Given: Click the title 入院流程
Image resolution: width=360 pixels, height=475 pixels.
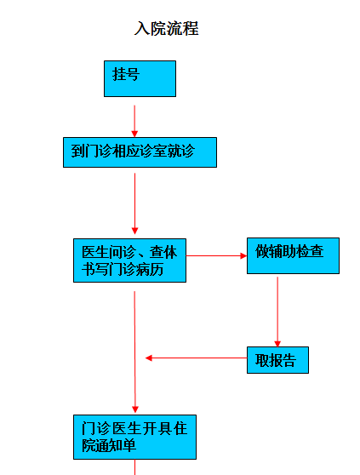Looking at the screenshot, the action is pos(166,28).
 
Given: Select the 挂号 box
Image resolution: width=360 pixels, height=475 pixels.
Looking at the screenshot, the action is pos(140,79).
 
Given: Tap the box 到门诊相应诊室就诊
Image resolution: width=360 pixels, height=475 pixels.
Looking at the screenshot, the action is pos(140,152).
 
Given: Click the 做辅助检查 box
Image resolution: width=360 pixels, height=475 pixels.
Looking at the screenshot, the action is pos(293,255).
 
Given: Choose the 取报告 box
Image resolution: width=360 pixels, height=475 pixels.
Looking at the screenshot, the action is pos(277,360).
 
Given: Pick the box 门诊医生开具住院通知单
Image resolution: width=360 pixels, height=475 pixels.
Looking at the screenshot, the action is pos(134,437).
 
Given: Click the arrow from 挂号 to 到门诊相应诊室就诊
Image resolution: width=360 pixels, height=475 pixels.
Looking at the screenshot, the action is pos(134,121).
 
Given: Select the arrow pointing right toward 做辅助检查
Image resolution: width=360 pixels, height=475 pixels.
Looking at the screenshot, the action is pos(216,256).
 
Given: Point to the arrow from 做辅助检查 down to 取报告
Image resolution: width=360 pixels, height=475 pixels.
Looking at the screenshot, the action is pos(277,312).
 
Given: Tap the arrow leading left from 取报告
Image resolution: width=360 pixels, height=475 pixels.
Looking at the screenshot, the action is pos(197,358).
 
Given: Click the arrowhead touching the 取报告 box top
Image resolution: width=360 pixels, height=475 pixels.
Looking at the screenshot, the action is pos(277,344).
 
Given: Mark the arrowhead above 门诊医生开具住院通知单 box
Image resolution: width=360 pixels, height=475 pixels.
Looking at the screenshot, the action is pos(135,409).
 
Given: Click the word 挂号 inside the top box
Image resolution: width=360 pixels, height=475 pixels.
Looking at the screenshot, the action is pos(126,74).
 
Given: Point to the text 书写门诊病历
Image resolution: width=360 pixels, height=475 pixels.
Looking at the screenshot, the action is pos(123,269).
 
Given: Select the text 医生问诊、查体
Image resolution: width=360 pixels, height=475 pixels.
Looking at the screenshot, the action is pos(129,252).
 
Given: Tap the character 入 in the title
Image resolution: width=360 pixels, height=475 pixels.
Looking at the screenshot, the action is pos(141,28).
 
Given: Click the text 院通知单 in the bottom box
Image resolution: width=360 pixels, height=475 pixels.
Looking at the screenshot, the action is pos(109,445).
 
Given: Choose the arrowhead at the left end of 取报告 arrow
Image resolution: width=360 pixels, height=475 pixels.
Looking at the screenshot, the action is pos(149,358).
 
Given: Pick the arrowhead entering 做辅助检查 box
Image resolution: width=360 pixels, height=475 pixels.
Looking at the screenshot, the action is pos(243,256).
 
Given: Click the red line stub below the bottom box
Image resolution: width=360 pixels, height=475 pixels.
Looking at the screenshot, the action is pos(134,467).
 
